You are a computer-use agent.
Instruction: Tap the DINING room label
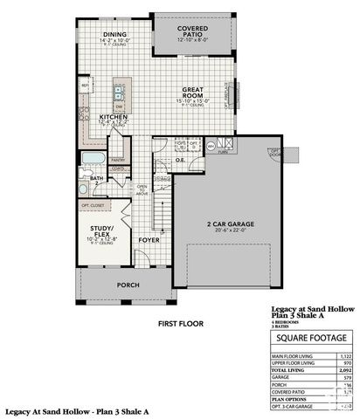[x=114, y=34]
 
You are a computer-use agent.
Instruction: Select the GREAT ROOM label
[x=193, y=90]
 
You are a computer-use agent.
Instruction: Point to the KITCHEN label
[x=113, y=116]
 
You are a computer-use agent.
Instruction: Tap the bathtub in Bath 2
[x=92, y=159]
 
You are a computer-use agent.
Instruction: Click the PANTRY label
[x=119, y=160]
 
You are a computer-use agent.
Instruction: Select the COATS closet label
[x=119, y=170]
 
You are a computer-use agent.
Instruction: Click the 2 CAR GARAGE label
[x=231, y=224]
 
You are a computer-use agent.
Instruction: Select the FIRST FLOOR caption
[x=180, y=323]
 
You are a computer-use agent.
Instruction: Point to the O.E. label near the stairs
[x=180, y=160]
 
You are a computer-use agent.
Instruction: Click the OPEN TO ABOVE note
[x=142, y=189]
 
